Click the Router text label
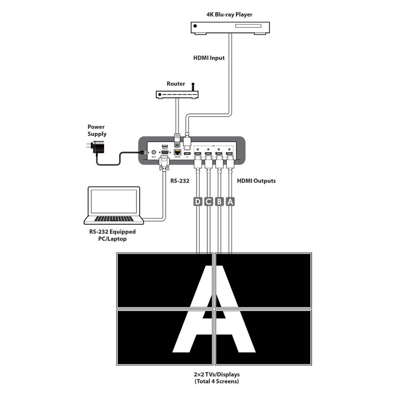[x=176, y=84]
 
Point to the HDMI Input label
[x=209, y=58]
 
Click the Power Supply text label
[x=97, y=131]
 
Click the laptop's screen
[x=114, y=201]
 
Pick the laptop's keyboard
[x=114, y=218]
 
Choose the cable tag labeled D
[x=198, y=201]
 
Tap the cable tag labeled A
[x=230, y=201]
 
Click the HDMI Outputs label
[x=256, y=180]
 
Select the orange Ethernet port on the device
[x=177, y=153]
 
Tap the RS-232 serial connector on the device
[x=164, y=153]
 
